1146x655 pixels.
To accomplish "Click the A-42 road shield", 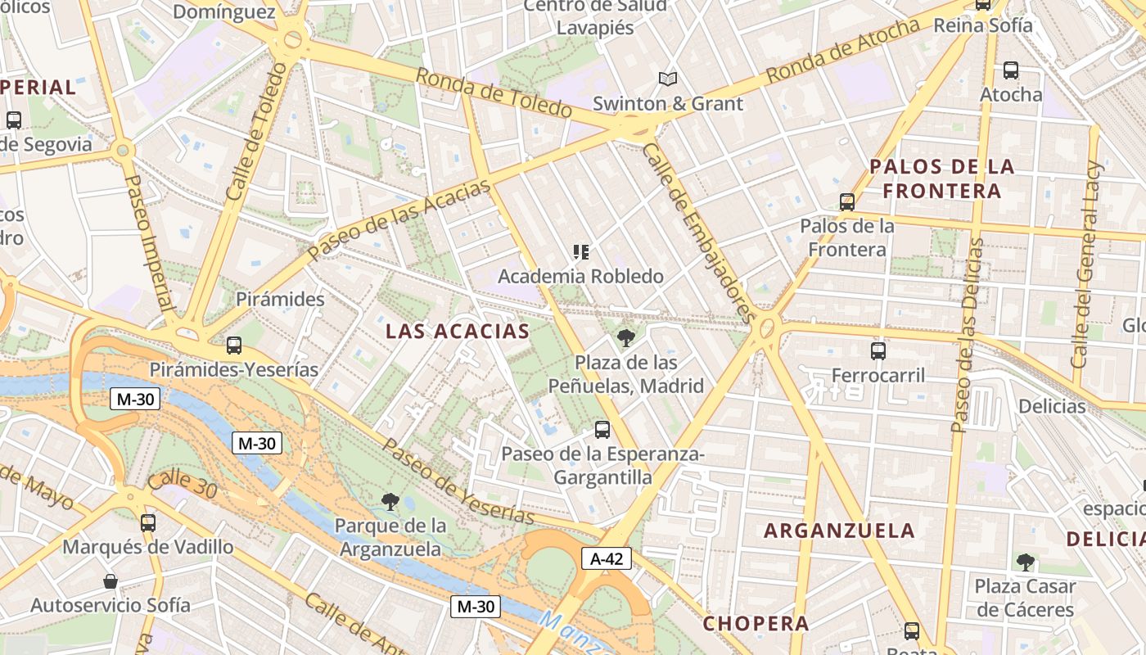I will pos(607,558).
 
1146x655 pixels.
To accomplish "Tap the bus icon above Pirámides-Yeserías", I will pos(234,346).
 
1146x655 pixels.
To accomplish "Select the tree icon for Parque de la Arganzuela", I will pos(390,500).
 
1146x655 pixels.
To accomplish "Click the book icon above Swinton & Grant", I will pos(668,79).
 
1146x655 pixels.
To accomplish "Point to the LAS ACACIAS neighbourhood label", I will pos(458,332).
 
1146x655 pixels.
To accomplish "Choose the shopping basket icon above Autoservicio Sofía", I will pos(111,581).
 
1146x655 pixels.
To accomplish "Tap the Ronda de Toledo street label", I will pos(494,93).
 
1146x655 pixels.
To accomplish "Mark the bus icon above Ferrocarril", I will pos(878,351).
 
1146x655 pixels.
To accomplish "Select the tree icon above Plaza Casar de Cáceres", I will pos(1025,562).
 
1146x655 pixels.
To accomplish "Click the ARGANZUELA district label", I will pos(839,531).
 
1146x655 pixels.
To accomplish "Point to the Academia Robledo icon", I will pos(581,252).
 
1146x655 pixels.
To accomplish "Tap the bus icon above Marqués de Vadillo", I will pos(148,522).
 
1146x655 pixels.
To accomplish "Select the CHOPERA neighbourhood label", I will pos(756,623).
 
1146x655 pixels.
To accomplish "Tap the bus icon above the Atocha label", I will pos(1011,70).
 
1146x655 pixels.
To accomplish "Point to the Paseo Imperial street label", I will pos(151,243).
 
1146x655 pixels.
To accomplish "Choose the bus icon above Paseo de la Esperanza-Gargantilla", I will pos(602,429).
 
